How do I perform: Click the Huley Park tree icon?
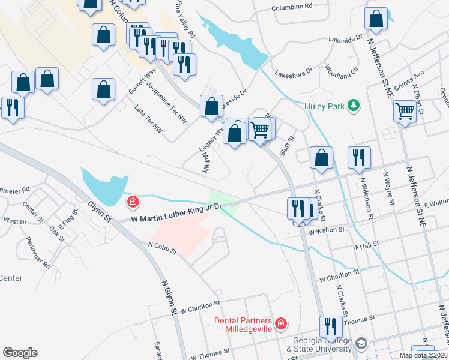pos(354,106)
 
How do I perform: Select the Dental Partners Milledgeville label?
pos(243,325)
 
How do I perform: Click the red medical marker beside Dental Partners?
pos(281,325)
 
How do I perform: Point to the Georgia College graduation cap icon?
pos(361,344)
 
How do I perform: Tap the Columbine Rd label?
pos(292,6)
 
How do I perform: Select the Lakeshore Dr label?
pos(294,71)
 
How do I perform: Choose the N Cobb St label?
pos(162,247)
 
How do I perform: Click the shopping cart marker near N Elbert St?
pos(405,110)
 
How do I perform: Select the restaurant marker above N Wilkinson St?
pos(359,158)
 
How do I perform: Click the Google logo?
pos(20,353)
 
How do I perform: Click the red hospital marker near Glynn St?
pos(132,202)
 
